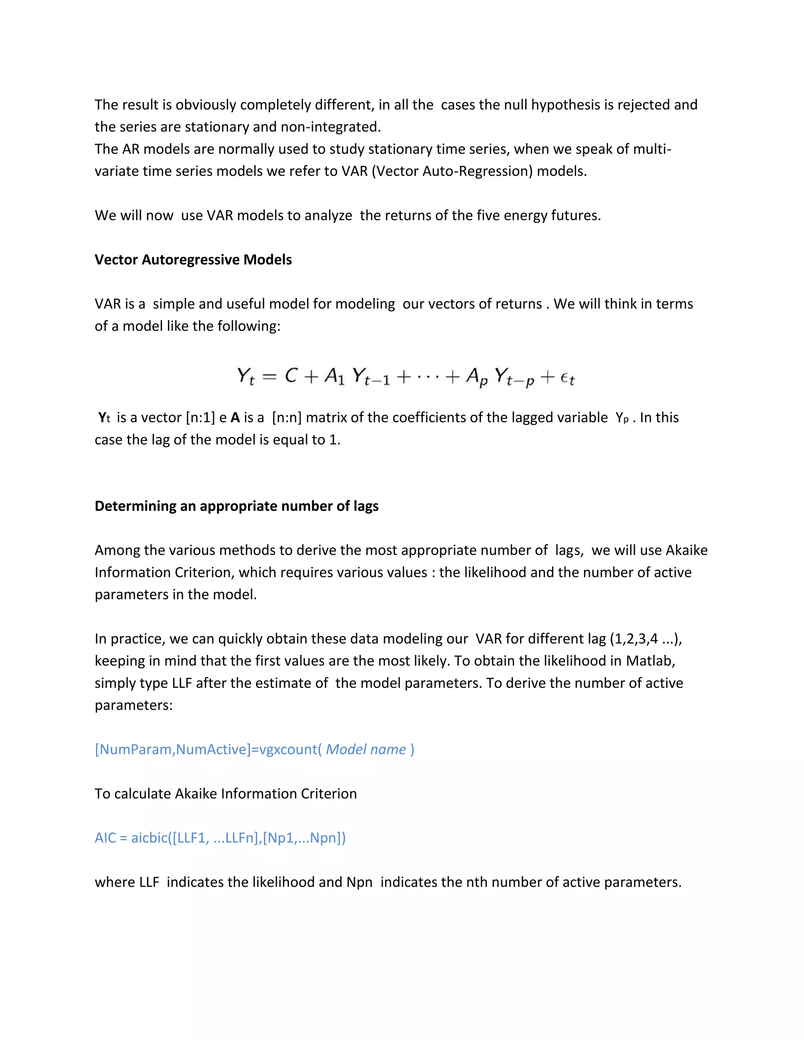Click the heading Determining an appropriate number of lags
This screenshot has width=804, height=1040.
point(236,506)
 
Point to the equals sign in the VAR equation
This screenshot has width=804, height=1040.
point(269,377)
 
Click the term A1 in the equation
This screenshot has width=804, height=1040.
point(334,377)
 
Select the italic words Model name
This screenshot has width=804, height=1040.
point(366,750)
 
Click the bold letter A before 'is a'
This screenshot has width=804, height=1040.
point(235,418)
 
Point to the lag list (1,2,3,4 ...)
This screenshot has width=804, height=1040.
point(645,639)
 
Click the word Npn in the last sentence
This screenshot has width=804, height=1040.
point(359,882)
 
